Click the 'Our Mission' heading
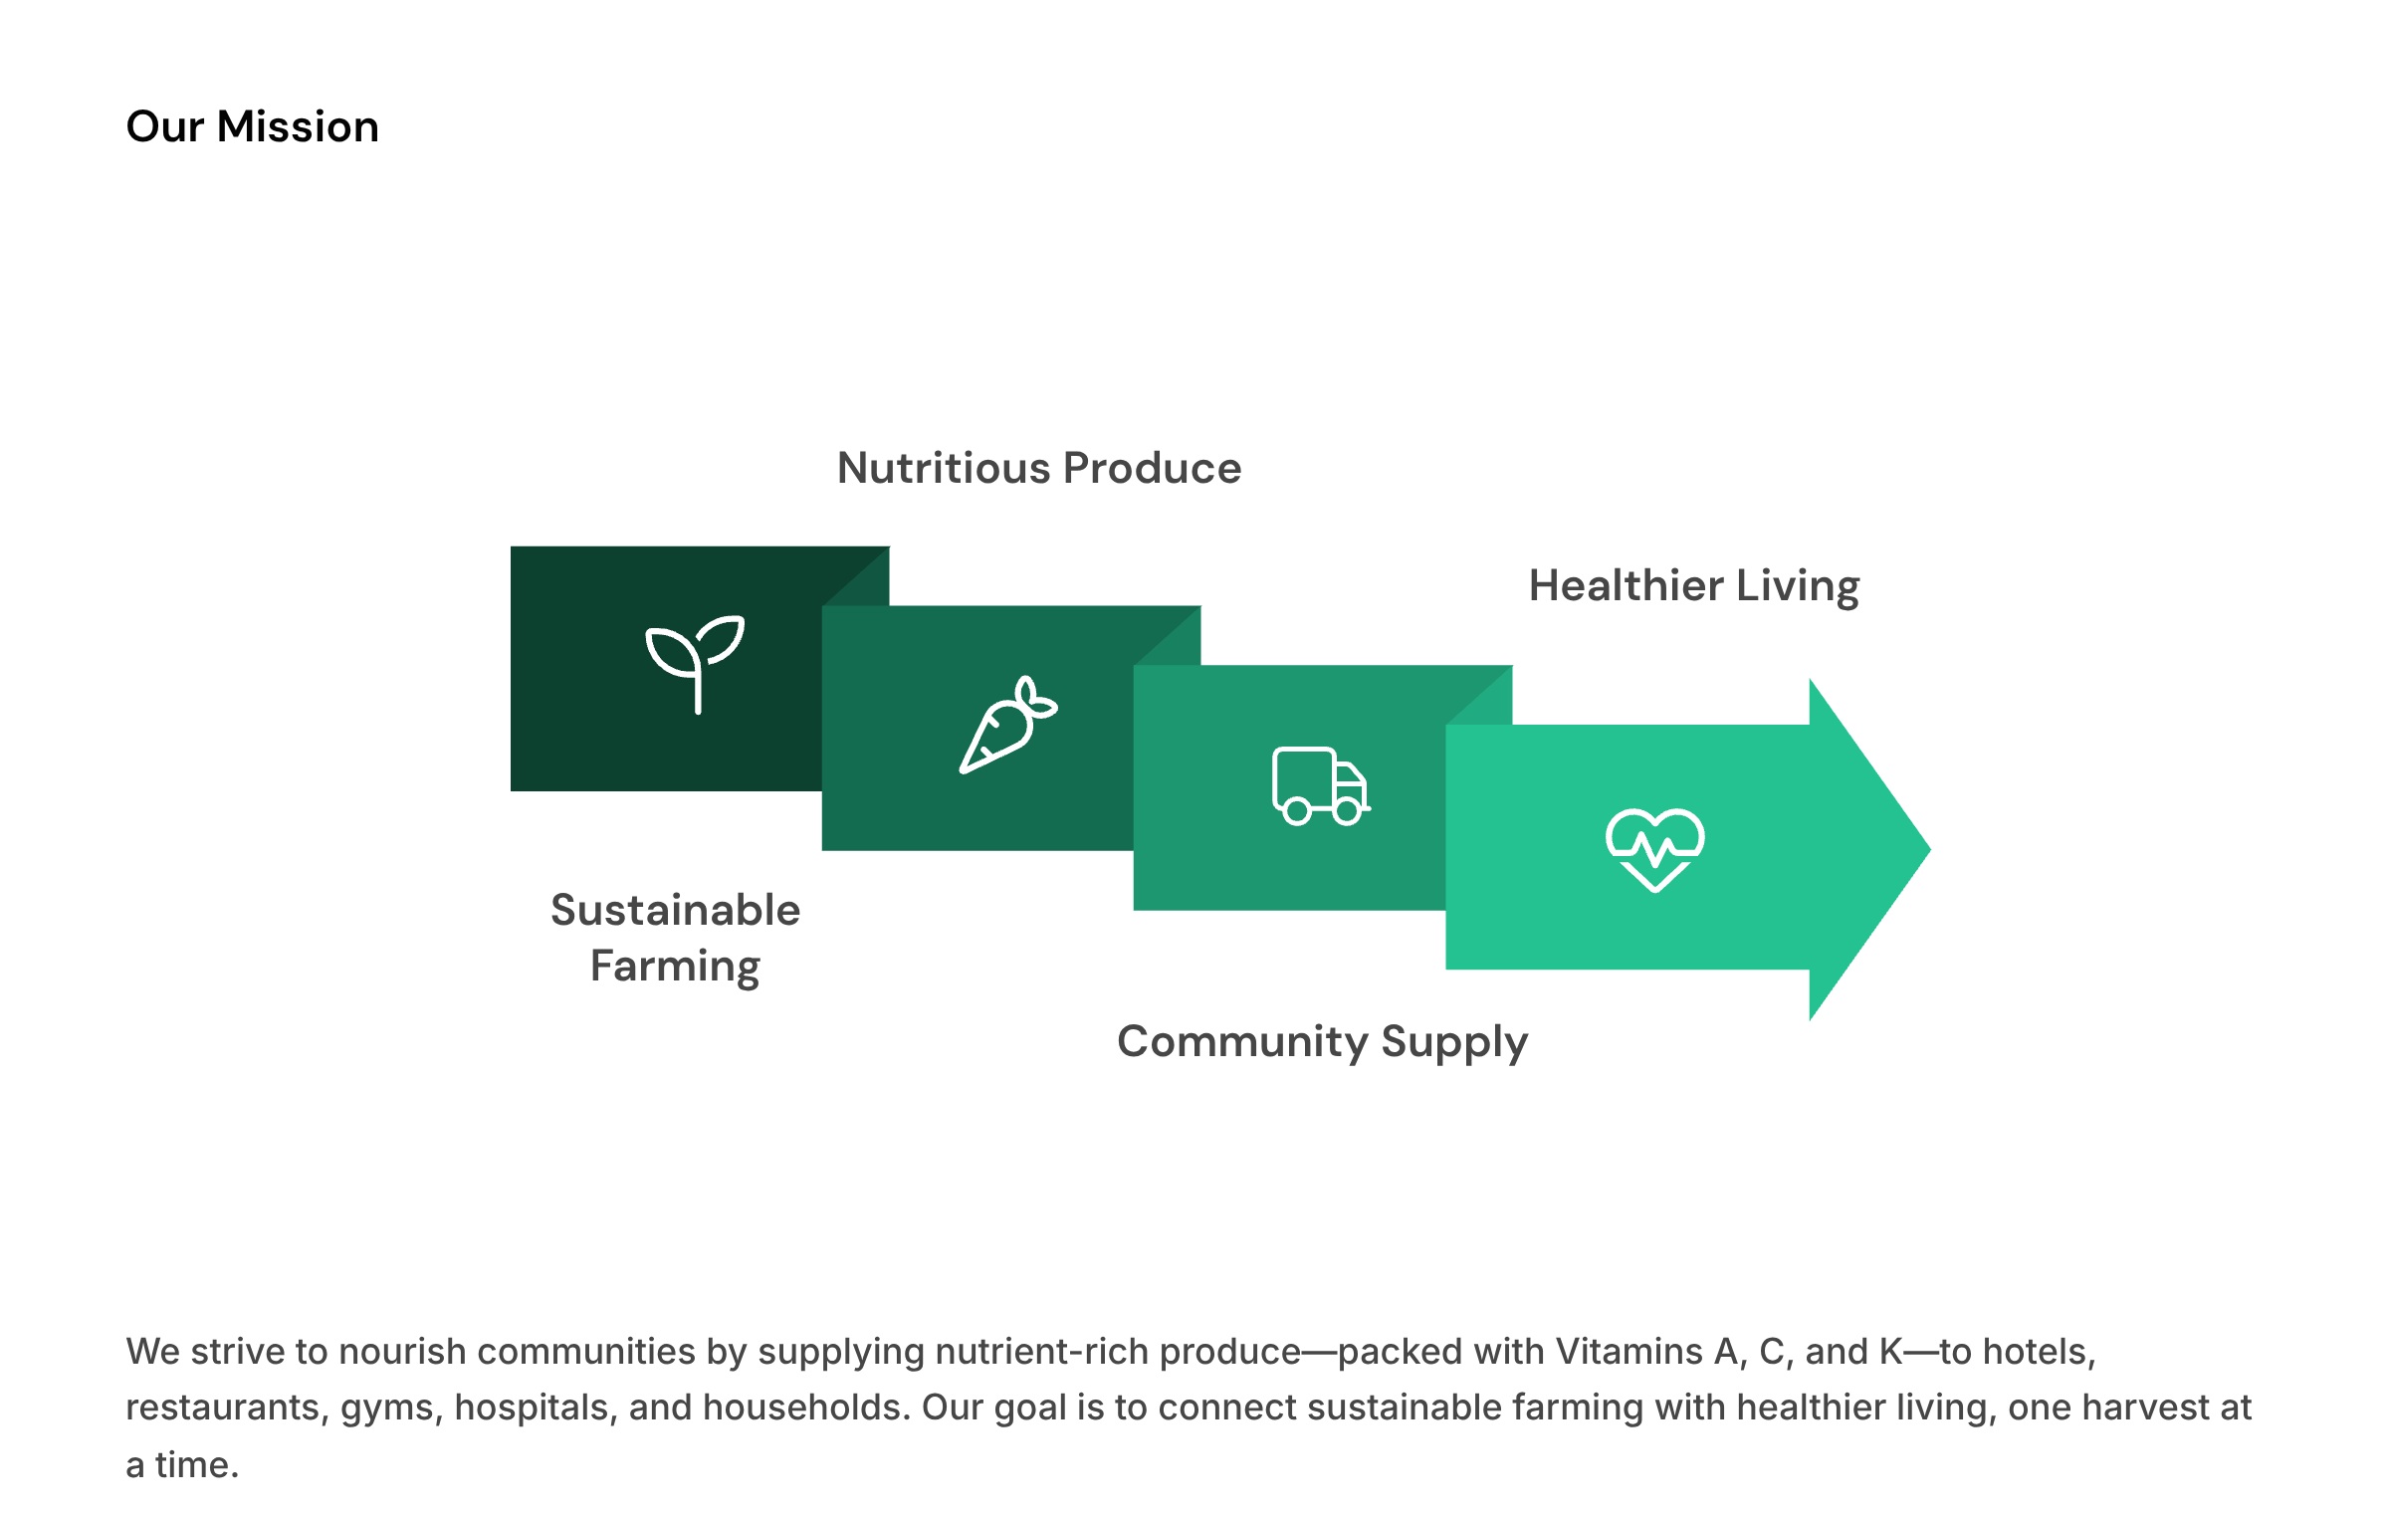tap(252, 127)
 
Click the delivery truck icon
tap(1320, 785)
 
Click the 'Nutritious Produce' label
tap(1039, 468)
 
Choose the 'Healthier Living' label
tap(1694, 585)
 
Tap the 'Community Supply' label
tap(1322, 1041)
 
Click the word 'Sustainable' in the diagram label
tap(675, 910)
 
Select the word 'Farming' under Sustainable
tap(675, 966)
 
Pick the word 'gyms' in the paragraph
tap(391, 1408)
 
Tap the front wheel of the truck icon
tap(1347, 812)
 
